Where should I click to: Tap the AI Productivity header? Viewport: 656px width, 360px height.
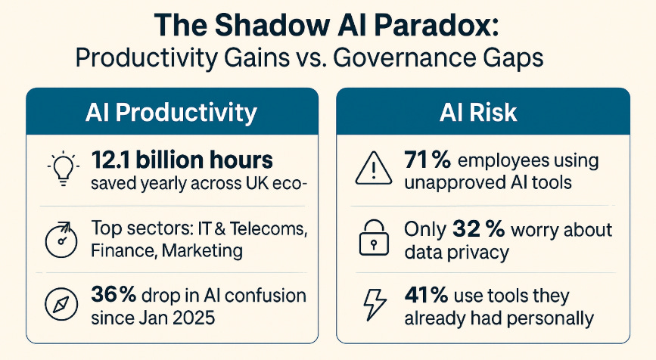coord(171,113)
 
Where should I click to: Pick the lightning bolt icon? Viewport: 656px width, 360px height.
coord(370,306)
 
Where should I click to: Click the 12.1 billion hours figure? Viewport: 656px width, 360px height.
coord(182,160)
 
